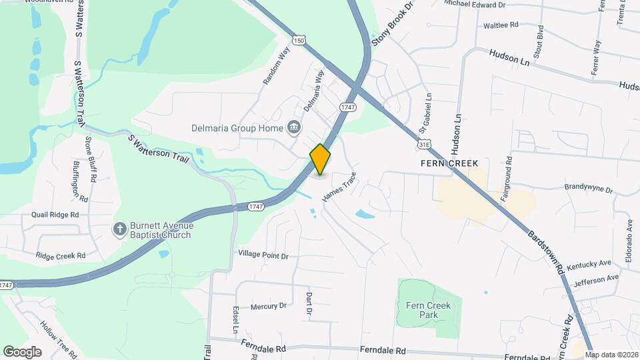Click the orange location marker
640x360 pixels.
coord(320,159)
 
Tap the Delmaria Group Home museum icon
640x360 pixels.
coord(293,127)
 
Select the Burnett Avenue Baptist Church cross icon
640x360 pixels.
coord(119,229)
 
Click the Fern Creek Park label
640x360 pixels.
coord(428,310)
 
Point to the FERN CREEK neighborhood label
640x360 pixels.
coord(449,163)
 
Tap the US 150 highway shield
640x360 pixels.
coord(301,41)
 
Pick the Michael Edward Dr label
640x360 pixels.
coord(475,5)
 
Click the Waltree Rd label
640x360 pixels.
coord(501,25)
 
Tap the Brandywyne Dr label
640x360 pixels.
coord(589,189)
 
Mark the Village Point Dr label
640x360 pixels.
coord(263,255)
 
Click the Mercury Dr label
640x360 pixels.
coord(269,306)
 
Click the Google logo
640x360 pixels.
coord(22,352)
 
